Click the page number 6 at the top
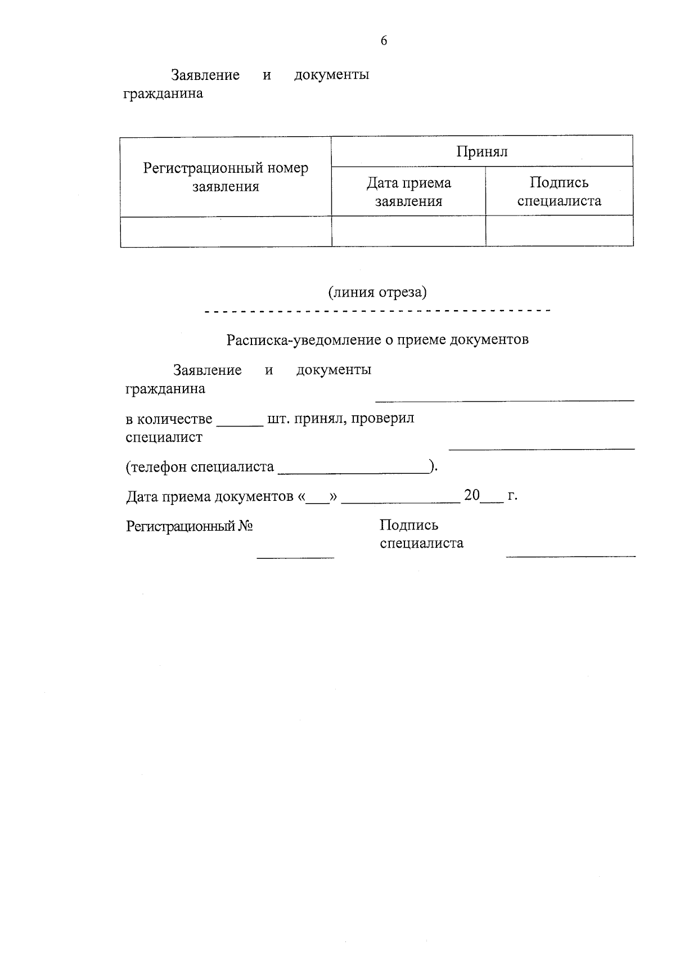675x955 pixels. coord(384,41)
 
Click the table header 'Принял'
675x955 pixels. coord(481,151)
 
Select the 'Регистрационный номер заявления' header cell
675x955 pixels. coord(226,177)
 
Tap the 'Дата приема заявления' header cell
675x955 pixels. coord(408,191)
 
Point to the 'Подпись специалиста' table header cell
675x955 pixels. coord(559,191)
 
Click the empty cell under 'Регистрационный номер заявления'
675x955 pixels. coord(226,232)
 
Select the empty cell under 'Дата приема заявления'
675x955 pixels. coord(408,231)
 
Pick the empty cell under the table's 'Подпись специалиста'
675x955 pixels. coord(559,231)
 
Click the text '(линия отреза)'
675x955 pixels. coord(377,292)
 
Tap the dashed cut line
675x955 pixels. coord(377,311)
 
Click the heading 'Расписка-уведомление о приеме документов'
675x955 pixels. coord(377,340)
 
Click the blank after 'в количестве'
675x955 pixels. coord(240,425)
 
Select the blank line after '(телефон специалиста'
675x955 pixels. coord(353,472)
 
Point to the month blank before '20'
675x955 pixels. coord(400,501)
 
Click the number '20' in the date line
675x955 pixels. coord(471,496)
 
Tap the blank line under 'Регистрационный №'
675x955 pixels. coord(295,557)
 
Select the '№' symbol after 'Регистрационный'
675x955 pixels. coord(245,526)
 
